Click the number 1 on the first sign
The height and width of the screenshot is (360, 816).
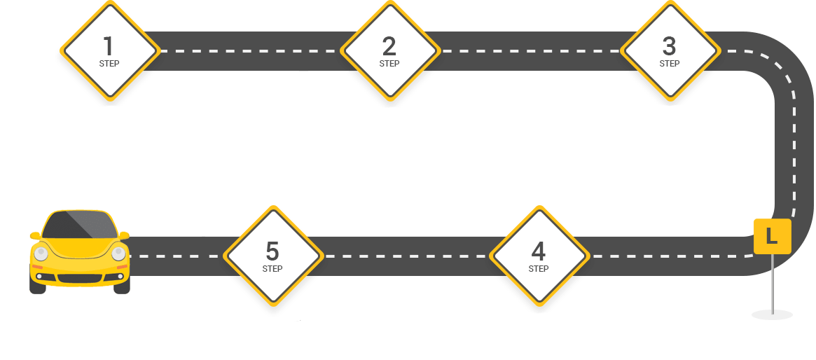coord(109,46)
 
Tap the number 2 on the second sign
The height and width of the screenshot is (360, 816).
coord(389,46)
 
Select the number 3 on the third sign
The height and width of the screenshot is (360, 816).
coord(669,46)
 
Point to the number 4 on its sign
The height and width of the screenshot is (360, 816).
coord(538,252)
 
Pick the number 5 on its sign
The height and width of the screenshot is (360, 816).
coord(272,252)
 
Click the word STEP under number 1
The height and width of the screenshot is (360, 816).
coord(109,64)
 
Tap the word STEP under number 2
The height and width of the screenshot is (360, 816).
coord(389,64)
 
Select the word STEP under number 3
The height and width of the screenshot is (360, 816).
coord(669,64)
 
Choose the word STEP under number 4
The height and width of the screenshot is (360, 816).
coord(539,269)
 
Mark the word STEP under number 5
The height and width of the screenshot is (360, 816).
coord(272,269)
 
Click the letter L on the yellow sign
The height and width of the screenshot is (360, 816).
coord(772,236)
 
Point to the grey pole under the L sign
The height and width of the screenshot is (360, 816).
coord(773,284)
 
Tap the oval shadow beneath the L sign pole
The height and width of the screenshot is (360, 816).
coord(773,314)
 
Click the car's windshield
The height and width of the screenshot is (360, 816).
coord(80,225)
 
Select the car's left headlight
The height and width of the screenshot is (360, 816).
coord(41,254)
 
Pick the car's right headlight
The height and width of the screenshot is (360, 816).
coord(118,254)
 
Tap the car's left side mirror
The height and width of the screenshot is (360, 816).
coord(36,235)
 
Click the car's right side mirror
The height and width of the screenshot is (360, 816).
coord(124,235)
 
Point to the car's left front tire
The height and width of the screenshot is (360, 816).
coord(37,286)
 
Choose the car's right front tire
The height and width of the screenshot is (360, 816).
coord(122,286)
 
